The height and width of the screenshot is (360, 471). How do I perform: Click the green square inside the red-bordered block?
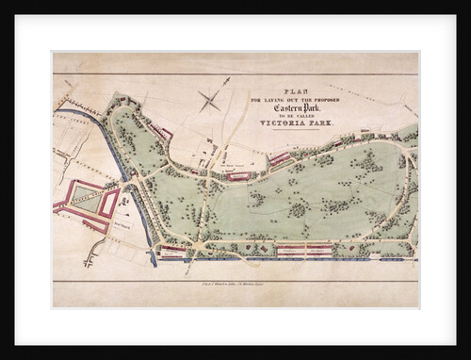[x=84, y=199]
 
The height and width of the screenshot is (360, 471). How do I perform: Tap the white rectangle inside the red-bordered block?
[x=109, y=202]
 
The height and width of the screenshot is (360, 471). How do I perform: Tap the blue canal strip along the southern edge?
[x=283, y=259]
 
